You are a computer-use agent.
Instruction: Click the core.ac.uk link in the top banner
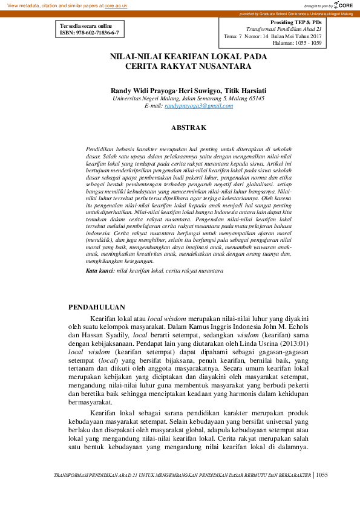[x=117, y=5]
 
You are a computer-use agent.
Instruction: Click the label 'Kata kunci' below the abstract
[x=99, y=271]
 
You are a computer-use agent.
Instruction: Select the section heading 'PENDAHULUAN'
[x=97, y=306]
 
